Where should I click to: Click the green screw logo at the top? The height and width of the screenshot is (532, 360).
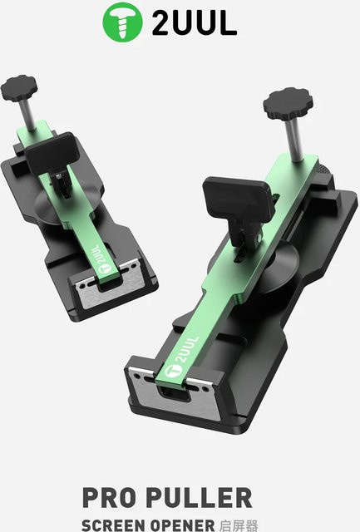tap(122, 22)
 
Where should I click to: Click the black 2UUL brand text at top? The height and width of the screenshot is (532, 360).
tap(195, 22)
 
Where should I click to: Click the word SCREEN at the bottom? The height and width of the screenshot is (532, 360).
tap(113, 525)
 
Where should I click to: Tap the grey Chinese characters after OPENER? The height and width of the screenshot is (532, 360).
tap(239, 525)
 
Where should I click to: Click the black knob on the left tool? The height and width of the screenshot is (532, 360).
tap(19, 88)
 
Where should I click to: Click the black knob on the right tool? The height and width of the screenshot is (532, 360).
tap(288, 103)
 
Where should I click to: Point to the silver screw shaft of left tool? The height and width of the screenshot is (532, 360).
tap(27, 115)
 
